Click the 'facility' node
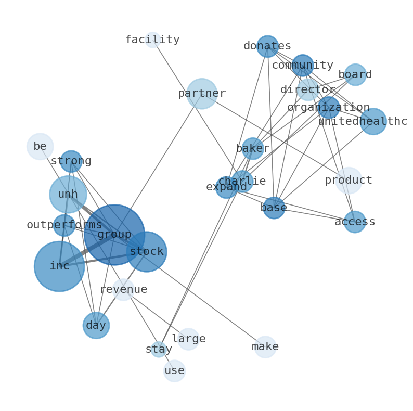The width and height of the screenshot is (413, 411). pos(152,40)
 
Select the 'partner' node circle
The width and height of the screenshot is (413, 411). pos(202,94)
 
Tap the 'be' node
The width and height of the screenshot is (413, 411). pos(40,146)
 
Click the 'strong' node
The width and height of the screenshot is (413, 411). pos(71,161)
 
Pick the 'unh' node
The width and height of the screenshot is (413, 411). pos(68,195)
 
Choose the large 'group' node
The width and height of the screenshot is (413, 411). pos(114,235)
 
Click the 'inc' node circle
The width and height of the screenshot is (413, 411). pos(59,266)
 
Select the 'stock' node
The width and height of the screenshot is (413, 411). pos(147,252)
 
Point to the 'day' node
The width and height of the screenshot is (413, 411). pos(96,326)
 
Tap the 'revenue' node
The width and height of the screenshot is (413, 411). pos(124,290)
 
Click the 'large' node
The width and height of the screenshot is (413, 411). pos(188,339)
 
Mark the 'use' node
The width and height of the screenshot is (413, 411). pos(174,371)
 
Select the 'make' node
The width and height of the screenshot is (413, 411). pos(265,347)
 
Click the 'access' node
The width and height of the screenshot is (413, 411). pos(355,222)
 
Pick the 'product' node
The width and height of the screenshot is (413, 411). pos(349,181)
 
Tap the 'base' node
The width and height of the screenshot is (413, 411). pos(274,208)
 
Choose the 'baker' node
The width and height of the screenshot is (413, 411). pos(253,149)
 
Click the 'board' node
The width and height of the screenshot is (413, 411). pos(355,75)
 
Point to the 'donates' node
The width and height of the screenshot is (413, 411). pos(267,46)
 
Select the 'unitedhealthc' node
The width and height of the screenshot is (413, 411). pos(373,122)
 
